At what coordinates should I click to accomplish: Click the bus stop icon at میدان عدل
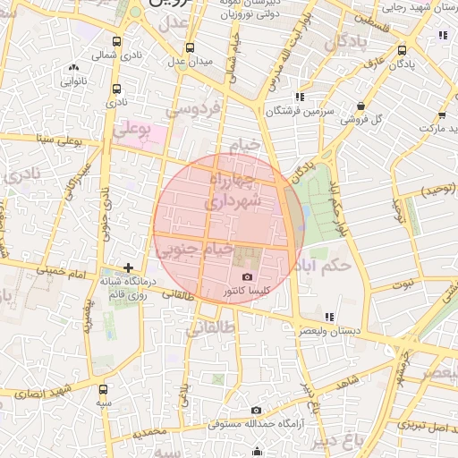189,48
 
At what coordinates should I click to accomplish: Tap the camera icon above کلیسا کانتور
248,277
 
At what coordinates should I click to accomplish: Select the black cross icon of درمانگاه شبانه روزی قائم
130,267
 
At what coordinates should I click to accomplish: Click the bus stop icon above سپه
104,389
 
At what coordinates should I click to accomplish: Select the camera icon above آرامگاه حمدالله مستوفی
257,410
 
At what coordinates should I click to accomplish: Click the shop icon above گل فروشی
360,105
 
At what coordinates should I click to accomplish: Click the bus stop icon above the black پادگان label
402,51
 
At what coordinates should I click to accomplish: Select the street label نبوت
404,284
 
